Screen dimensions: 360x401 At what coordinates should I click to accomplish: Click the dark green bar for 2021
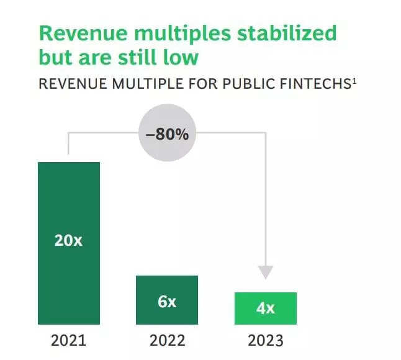(68, 205)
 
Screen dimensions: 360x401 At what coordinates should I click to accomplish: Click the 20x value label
(68, 240)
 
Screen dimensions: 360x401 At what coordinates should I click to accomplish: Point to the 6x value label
(167, 302)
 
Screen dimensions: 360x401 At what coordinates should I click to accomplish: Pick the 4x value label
(265, 308)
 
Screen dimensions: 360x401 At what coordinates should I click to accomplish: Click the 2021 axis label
(68, 341)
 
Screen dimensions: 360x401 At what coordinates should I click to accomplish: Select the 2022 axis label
(167, 341)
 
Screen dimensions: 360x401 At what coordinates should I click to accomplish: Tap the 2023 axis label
(265, 341)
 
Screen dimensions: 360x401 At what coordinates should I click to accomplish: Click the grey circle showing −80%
(167, 134)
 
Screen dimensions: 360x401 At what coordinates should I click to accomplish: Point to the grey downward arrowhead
(266, 272)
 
